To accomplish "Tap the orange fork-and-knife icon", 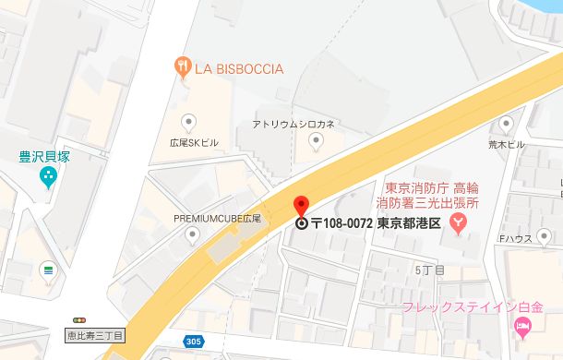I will coord(182,66).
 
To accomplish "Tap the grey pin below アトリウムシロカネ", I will coord(316,141).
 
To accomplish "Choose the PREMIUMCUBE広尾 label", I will coord(218,218).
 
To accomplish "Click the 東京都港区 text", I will coord(409,222).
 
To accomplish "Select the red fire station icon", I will coord(457,222).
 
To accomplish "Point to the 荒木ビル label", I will coord(507,145).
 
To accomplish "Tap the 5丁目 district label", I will coord(430,270).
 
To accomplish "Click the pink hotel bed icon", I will coord(522,325).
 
